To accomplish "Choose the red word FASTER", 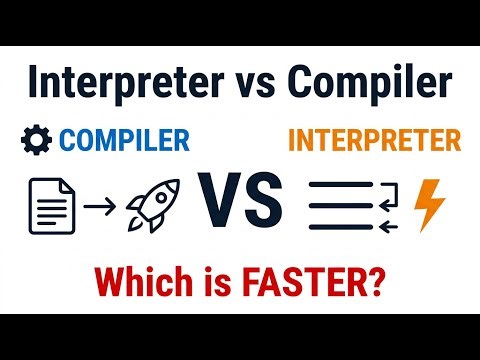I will tap(314, 276).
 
